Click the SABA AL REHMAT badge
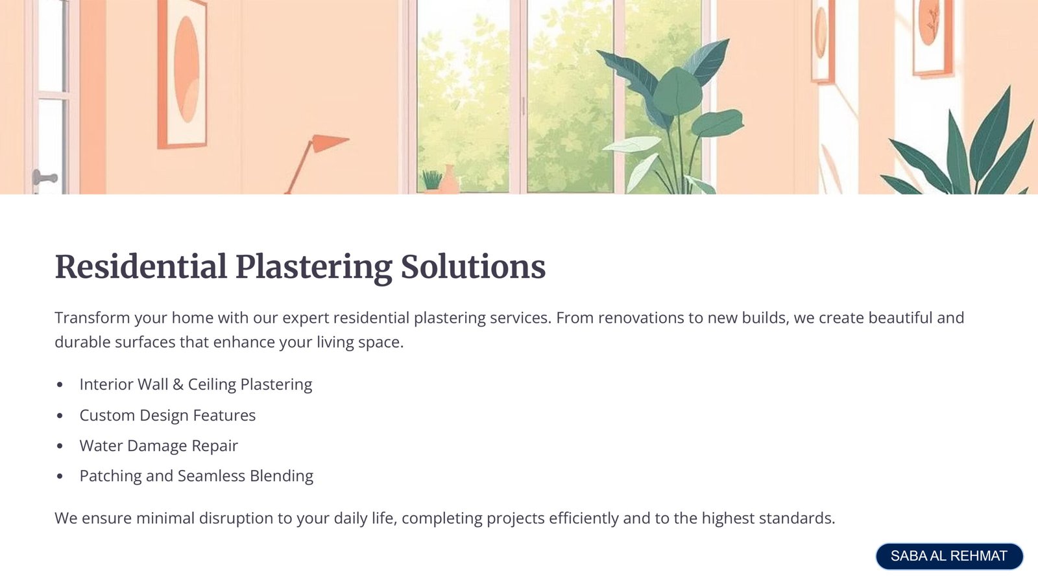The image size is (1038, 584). click(949, 555)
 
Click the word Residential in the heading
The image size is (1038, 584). click(141, 267)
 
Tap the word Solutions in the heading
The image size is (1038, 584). click(473, 267)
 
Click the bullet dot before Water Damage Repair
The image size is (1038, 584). click(59, 446)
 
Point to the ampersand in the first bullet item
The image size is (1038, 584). click(178, 384)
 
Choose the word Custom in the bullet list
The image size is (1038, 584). click(107, 415)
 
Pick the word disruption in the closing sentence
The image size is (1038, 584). click(236, 519)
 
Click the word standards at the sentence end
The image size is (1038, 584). click(797, 519)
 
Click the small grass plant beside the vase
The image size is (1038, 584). click(432, 180)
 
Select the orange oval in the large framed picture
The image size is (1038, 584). click(187, 69)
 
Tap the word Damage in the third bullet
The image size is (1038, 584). click(157, 446)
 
